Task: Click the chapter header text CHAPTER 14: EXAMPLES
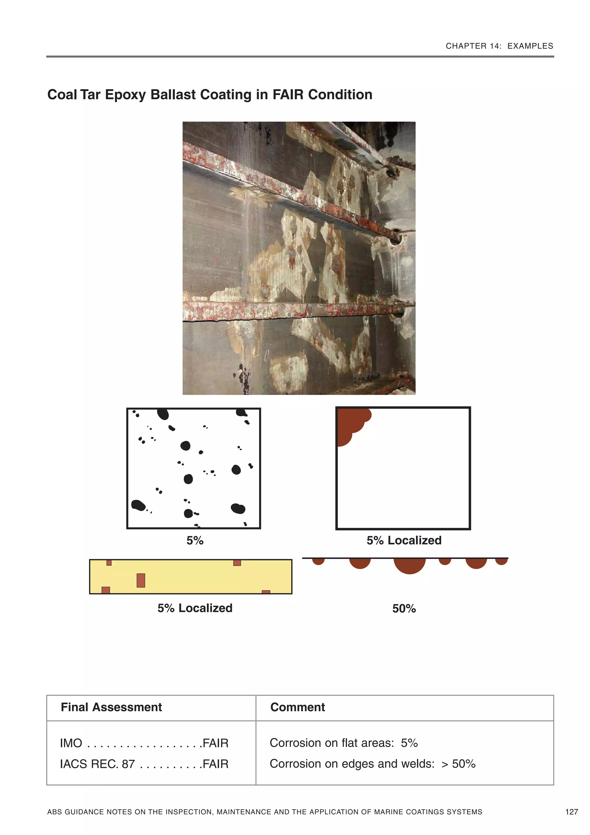(499, 46)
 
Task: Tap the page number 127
(572, 812)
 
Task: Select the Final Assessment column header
(111, 707)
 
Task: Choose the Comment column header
(297, 707)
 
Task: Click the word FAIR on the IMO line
(215, 743)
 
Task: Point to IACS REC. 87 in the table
(97, 764)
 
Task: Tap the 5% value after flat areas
(409, 743)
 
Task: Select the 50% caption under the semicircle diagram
(404, 608)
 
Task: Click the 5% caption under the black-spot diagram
(195, 540)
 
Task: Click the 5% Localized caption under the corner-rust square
(404, 540)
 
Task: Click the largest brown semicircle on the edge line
(410, 565)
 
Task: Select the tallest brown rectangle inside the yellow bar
(141, 580)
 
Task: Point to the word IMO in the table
(71, 743)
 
